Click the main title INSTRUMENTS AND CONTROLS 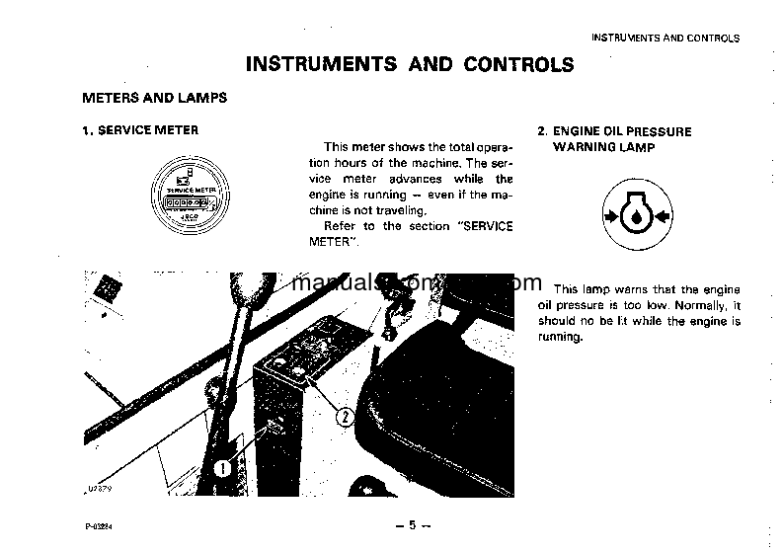(409, 65)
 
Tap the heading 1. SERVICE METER (139, 130)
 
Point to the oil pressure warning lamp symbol (636, 214)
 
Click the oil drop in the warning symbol (636, 216)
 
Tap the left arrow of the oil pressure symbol (607, 215)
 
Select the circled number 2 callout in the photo (344, 415)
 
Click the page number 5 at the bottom (409, 524)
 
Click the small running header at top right (665, 39)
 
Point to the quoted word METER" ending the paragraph (343, 242)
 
